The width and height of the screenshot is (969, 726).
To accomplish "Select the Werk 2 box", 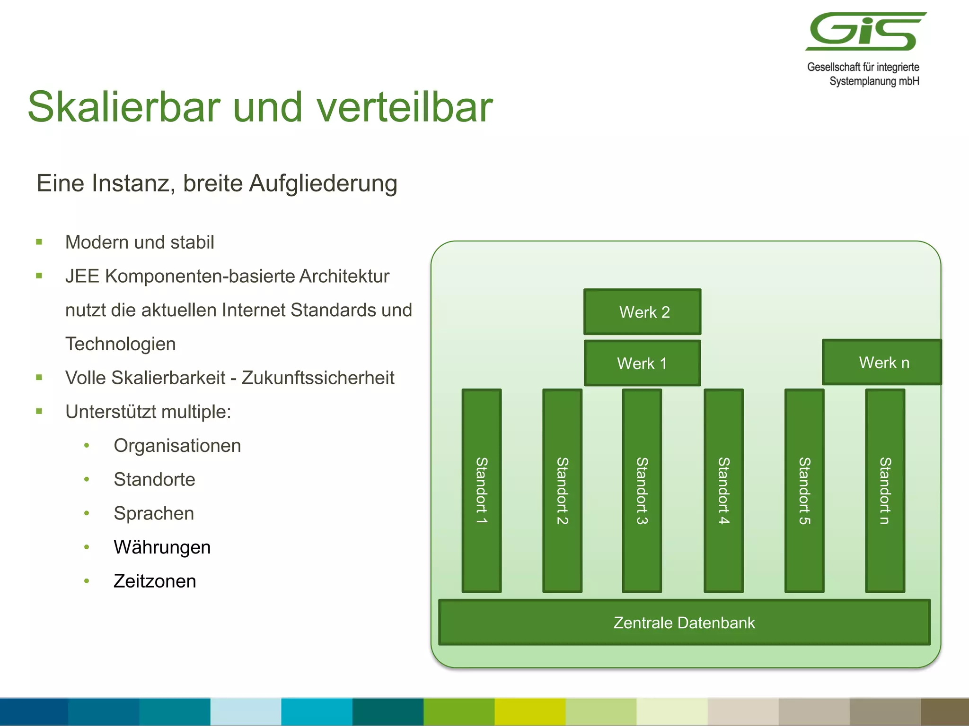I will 642,312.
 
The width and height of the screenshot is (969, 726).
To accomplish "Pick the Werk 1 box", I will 642,363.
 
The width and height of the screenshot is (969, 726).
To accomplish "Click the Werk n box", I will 882,363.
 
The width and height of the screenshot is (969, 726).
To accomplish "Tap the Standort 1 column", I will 482,491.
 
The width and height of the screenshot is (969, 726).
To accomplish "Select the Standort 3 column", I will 642,491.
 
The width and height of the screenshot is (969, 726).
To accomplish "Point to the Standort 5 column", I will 804,491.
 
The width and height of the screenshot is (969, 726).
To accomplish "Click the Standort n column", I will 885,491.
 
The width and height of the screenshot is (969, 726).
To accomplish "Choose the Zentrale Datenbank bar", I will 684,622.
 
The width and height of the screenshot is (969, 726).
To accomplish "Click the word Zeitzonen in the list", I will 155,581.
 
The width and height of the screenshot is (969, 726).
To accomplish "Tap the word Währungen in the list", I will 162,547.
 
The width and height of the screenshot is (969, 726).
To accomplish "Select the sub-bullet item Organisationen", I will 177,446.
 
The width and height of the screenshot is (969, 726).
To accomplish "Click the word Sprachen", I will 154,513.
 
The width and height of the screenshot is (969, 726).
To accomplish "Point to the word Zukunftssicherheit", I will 318,378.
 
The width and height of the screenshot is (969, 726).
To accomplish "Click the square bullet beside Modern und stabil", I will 39,242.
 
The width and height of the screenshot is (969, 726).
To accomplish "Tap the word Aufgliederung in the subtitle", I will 323,183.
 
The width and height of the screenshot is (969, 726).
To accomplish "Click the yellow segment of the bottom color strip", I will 530,712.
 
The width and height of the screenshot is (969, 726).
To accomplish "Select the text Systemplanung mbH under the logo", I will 874,81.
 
